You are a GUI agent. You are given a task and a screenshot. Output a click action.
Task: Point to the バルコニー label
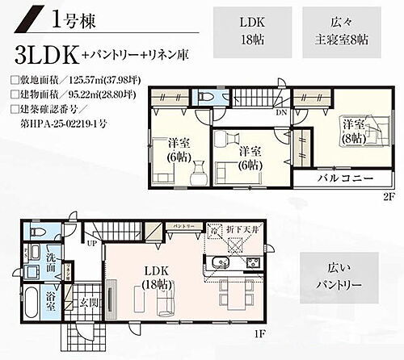(x=344, y=178)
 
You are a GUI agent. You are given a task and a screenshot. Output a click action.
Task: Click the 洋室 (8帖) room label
(x=353, y=132)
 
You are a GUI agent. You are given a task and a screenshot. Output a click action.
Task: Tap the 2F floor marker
(x=387, y=195)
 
